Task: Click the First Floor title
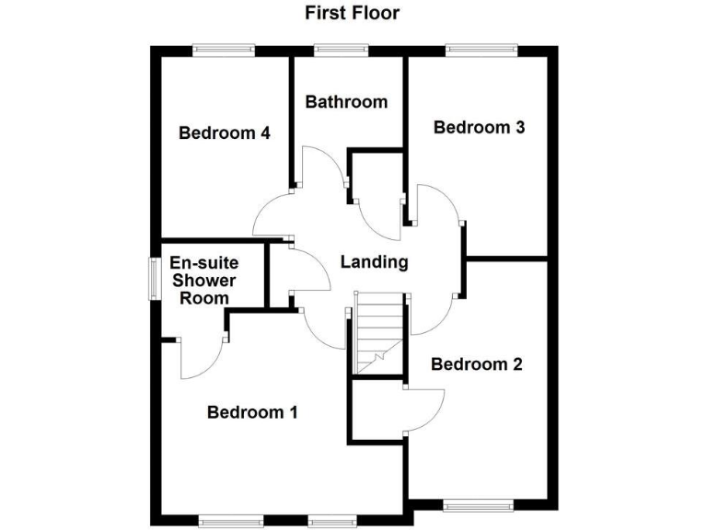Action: point(353,13)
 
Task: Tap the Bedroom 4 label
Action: point(225,133)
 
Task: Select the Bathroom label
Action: point(346,101)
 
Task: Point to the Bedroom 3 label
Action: point(479,128)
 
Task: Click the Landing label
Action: point(374,262)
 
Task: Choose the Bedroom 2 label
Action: point(477,364)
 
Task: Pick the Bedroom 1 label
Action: point(252,412)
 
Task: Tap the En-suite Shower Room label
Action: point(203,280)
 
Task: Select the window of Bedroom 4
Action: point(222,50)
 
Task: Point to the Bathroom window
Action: point(341,50)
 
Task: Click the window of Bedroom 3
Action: point(481,50)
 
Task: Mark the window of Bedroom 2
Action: point(477,505)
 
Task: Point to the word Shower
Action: point(203,280)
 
